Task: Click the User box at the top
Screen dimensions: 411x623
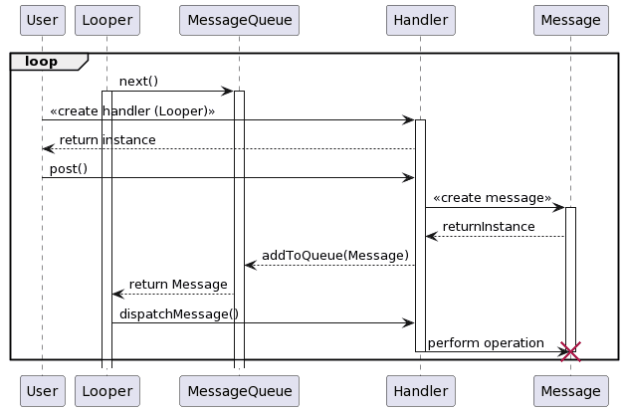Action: tap(42, 20)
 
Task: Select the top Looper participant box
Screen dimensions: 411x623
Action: tap(106, 20)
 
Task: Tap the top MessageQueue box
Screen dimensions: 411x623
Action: tap(239, 20)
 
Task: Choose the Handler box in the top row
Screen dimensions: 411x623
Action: tap(420, 20)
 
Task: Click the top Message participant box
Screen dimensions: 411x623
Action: tap(570, 20)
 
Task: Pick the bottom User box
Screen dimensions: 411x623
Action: tap(42, 391)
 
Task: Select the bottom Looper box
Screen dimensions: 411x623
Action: tap(106, 391)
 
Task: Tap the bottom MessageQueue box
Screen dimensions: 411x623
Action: tap(239, 391)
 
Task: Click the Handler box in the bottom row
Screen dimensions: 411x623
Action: tap(420, 391)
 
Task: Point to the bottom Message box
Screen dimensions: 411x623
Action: tap(570, 391)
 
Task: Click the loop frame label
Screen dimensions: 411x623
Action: tap(41, 62)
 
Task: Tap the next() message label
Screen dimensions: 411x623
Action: tap(138, 81)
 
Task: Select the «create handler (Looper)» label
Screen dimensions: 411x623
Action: tap(132, 110)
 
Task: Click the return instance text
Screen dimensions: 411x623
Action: tap(107, 140)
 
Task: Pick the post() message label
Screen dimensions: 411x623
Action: tap(69, 169)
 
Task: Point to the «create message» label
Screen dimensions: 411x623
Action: tap(492, 198)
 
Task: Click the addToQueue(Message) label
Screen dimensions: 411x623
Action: tap(334, 256)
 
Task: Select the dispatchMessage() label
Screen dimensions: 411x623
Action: tap(179, 314)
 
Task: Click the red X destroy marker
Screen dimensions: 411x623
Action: tap(570, 350)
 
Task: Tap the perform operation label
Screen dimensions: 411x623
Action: tap(486, 343)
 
